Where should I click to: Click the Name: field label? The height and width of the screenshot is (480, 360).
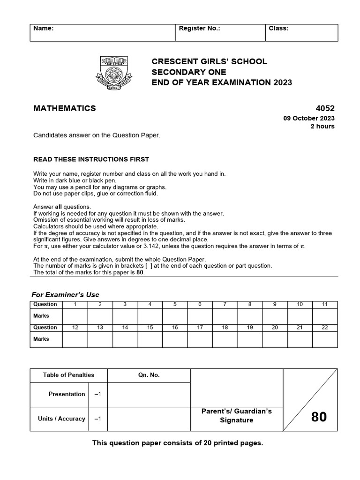coord(44,28)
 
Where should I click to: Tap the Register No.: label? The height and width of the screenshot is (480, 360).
coord(200,28)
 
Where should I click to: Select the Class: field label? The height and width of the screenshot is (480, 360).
coord(278,28)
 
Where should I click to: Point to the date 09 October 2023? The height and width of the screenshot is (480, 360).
coord(309,119)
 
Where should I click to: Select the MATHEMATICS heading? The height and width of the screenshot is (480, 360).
coord(65,108)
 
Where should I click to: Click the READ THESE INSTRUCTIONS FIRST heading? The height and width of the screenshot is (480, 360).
coord(91,159)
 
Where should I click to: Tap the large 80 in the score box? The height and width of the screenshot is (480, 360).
coord(319,417)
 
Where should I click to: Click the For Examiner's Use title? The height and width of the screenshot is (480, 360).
coord(65,295)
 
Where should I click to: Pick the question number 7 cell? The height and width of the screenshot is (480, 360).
coord(225,305)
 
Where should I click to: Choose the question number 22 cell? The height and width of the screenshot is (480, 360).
coord(325,328)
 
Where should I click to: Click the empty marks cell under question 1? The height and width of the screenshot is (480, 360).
coord(75,316)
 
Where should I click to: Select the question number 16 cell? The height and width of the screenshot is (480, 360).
coord(175,328)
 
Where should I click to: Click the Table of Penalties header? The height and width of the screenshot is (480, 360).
coord(69,375)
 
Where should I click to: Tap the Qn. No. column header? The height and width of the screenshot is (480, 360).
coord(149,375)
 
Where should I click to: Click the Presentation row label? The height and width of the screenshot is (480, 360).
coord(67,394)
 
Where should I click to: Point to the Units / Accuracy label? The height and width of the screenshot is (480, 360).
coord(61,419)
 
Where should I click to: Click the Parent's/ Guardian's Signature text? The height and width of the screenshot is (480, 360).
coord(237,416)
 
